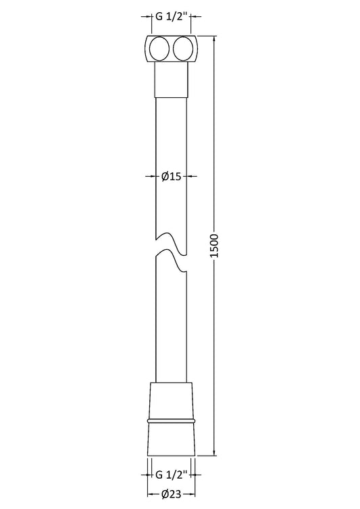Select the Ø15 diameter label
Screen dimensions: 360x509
(x=171, y=176)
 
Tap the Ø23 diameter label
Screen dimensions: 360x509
(x=172, y=494)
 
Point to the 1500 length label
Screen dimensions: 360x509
(x=215, y=246)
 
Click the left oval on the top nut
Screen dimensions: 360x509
(x=159, y=49)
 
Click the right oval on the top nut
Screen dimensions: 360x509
(x=184, y=49)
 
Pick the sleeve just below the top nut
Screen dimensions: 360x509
(x=172, y=80)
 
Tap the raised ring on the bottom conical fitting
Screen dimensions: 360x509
(x=172, y=421)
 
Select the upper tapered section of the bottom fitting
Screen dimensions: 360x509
(x=172, y=400)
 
